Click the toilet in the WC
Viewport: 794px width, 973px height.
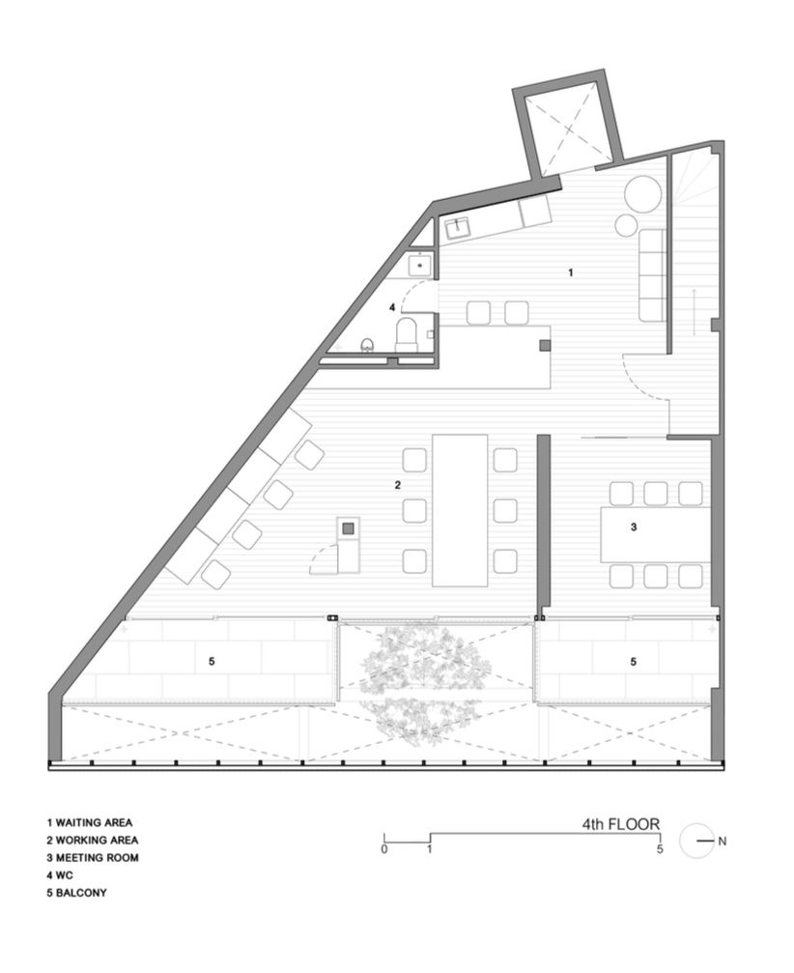pyautogui.click(x=407, y=335)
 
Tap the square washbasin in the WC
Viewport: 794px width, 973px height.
pyautogui.click(x=420, y=265)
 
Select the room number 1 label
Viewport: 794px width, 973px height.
pyautogui.click(x=571, y=272)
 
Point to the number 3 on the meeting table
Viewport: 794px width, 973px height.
pyautogui.click(x=634, y=527)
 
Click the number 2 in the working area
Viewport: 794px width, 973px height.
pyautogui.click(x=398, y=485)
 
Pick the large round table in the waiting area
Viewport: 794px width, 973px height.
pyautogui.click(x=642, y=194)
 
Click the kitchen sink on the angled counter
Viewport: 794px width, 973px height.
pyautogui.click(x=457, y=228)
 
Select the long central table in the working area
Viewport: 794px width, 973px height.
pyautogui.click(x=460, y=510)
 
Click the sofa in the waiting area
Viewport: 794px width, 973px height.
pyautogui.click(x=653, y=275)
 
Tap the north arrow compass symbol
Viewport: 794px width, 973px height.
pyautogui.click(x=697, y=841)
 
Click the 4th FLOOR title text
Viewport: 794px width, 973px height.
pyautogui.click(x=620, y=824)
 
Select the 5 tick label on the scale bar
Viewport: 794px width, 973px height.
pyautogui.click(x=660, y=849)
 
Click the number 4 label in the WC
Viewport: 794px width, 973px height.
pyautogui.click(x=391, y=307)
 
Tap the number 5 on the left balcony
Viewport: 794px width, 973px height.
pyautogui.click(x=212, y=662)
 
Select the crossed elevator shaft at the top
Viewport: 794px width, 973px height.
pyautogui.click(x=568, y=129)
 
